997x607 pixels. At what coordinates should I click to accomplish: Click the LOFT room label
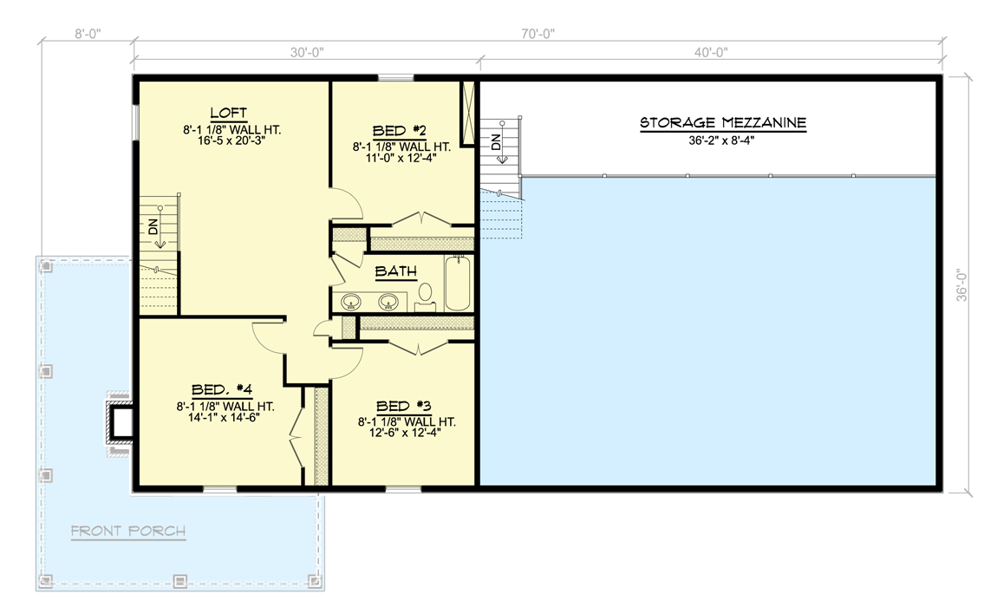click(x=229, y=113)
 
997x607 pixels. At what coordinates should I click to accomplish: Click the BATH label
click(x=395, y=271)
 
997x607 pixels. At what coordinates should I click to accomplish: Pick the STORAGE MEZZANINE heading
click(x=723, y=123)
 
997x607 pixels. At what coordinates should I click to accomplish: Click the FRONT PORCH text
click(x=127, y=531)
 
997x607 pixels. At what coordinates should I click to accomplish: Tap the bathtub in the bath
click(x=458, y=284)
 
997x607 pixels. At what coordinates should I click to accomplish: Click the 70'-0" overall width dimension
click(x=537, y=34)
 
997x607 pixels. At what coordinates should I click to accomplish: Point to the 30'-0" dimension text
click(x=305, y=52)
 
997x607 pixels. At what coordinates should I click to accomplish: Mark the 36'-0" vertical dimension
click(x=961, y=284)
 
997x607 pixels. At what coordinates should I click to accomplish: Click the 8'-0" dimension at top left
click(x=88, y=34)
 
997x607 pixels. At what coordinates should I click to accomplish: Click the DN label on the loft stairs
click(x=153, y=227)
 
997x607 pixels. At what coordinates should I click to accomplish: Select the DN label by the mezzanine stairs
click(x=497, y=142)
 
